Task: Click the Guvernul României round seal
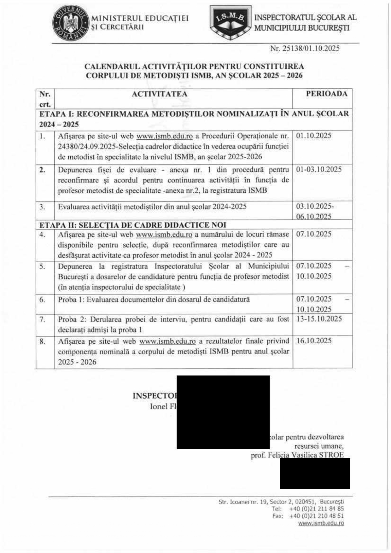tap(70, 23)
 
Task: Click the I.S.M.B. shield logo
tap(231, 22)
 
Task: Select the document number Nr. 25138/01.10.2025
tap(305, 48)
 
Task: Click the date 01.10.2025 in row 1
tap(313, 136)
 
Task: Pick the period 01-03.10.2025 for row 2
tap(318, 169)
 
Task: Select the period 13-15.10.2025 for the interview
tap(319, 319)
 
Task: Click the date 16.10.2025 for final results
tap(314, 341)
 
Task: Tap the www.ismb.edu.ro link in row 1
tap(164, 136)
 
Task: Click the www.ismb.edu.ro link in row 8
tap(167, 341)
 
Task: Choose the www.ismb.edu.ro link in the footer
tap(321, 523)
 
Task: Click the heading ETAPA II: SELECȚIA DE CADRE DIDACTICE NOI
tap(133, 225)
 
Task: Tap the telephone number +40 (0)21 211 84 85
tap(316, 509)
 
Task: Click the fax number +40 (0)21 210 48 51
tap(316, 516)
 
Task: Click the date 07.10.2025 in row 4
tap(313, 234)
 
